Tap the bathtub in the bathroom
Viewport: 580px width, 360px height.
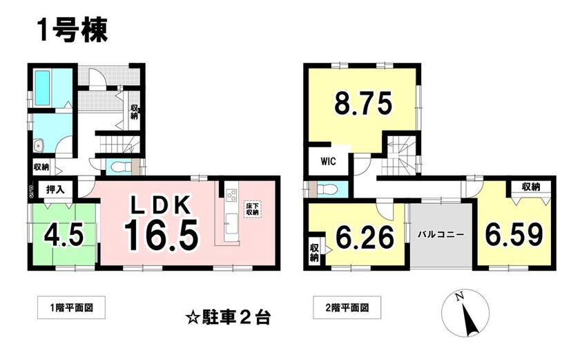click(43, 87)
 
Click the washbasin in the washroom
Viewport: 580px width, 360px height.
click(39, 146)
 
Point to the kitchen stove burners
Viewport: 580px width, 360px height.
click(231, 195)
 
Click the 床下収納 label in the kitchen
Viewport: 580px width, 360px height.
click(253, 209)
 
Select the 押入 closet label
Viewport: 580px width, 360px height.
click(55, 190)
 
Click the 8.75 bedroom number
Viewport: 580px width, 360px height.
click(363, 104)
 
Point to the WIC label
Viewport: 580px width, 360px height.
click(328, 162)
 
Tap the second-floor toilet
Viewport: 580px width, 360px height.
click(326, 190)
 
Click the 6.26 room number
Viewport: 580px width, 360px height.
click(365, 238)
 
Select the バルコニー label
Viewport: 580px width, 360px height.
click(441, 234)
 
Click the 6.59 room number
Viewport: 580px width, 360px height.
click(514, 234)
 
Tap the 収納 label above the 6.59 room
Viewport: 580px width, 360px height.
click(531, 187)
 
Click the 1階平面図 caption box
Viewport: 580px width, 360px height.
click(71, 307)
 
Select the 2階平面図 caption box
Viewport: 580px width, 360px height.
click(347, 307)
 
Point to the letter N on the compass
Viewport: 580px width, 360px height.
click(459, 296)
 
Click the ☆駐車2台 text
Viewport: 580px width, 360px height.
click(229, 318)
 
